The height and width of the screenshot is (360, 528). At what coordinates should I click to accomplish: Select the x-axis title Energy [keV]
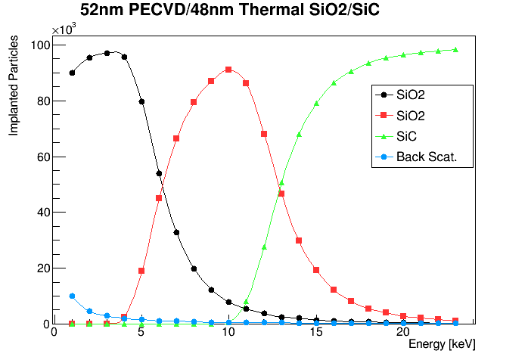(x=441, y=344)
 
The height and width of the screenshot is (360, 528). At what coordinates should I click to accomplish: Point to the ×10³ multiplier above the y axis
(x=64, y=29)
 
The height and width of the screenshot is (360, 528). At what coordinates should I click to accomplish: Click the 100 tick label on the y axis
(x=39, y=45)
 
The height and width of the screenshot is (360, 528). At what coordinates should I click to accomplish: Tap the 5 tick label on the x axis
(x=141, y=331)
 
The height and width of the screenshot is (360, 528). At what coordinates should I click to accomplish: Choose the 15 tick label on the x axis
(x=316, y=331)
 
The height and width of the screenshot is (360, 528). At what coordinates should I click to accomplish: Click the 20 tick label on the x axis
(x=404, y=331)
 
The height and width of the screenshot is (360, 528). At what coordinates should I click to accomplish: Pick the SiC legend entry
(x=409, y=136)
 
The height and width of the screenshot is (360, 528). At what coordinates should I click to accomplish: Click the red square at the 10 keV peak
(x=228, y=70)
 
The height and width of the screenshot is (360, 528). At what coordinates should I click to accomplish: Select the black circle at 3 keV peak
(x=107, y=53)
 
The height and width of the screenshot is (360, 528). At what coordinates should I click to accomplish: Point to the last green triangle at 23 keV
(x=455, y=50)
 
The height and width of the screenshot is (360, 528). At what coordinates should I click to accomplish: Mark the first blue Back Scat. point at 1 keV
(x=72, y=296)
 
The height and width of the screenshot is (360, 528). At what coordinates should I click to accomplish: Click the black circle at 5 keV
(x=141, y=101)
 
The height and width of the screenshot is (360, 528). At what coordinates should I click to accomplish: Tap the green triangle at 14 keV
(x=299, y=134)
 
